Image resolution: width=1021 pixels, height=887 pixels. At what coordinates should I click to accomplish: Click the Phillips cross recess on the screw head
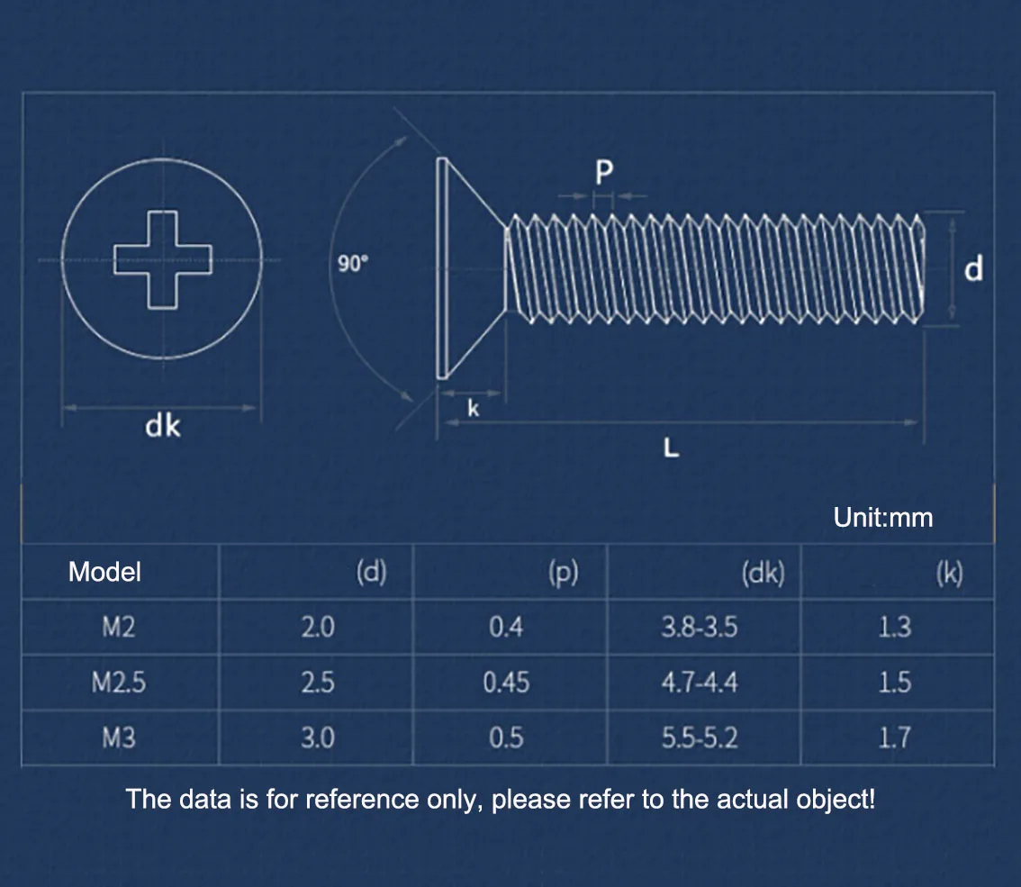[x=162, y=260]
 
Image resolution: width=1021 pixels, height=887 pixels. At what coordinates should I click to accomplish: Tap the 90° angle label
[x=354, y=264]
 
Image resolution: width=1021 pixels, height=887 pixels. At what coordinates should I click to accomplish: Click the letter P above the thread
[x=603, y=173]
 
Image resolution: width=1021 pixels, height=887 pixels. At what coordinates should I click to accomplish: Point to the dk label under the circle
[x=163, y=425]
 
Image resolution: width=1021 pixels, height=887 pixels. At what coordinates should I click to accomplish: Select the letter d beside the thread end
[x=974, y=268]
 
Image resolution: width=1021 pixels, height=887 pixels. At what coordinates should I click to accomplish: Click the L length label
[x=671, y=448]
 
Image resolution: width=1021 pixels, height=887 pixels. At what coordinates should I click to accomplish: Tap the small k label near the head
[x=473, y=410]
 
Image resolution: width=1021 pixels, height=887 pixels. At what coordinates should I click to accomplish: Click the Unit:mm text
[x=883, y=518]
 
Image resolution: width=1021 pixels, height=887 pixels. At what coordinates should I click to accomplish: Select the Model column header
[x=104, y=572]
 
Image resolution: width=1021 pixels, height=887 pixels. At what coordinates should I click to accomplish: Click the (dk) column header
[x=763, y=573]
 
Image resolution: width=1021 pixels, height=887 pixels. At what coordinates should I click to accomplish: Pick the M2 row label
[x=119, y=627]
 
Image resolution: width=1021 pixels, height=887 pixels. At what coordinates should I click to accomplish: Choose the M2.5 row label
[x=119, y=683]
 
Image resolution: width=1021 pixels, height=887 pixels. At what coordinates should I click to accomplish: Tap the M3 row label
[x=119, y=738]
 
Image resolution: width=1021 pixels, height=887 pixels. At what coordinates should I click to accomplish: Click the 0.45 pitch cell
[x=505, y=683]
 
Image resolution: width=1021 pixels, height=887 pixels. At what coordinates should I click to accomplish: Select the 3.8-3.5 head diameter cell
[x=700, y=627]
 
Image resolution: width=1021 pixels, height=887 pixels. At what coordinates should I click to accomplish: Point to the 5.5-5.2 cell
[x=700, y=738]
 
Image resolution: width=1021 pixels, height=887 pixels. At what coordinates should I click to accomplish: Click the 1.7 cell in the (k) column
[x=894, y=738]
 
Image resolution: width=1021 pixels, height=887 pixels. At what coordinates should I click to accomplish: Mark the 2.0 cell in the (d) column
[x=318, y=627]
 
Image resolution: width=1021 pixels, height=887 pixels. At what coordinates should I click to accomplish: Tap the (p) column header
[x=563, y=573]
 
